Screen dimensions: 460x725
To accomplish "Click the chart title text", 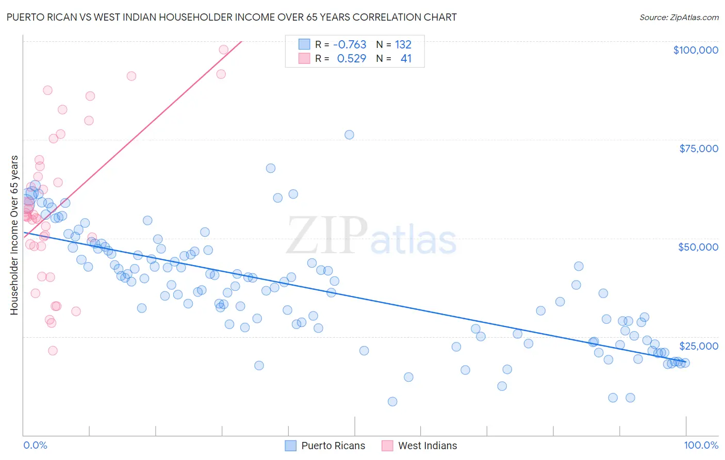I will [x=231, y=17].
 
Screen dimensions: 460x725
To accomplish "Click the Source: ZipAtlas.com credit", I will [x=679, y=17].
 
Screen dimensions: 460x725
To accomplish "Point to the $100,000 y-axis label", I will [x=695, y=50].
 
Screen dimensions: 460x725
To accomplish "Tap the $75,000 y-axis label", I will [x=698, y=149].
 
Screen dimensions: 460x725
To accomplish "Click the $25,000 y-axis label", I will [x=698, y=346].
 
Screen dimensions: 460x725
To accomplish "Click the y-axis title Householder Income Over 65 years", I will [x=14, y=235].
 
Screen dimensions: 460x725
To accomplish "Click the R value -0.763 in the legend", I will [x=349, y=45].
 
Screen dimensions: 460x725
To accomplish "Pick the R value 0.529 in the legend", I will [x=351, y=59].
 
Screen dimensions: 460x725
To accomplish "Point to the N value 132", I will [x=403, y=45].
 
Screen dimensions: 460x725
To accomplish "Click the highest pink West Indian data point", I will [x=223, y=50].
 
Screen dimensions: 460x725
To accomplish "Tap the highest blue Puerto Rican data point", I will [x=349, y=135].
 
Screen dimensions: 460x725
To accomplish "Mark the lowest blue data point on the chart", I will [x=392, y=401].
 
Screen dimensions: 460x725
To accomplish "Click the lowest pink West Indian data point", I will [x=53, y=351].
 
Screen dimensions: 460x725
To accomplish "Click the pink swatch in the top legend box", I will [x=304, y=59].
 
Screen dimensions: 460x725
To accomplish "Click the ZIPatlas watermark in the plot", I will [x=371, y=236].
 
